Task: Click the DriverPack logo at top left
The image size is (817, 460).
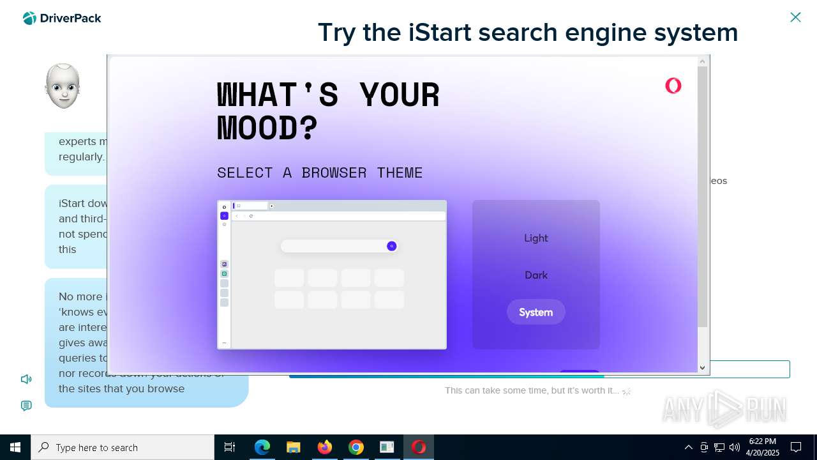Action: (62, 19)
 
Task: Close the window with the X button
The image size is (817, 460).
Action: (795, 17)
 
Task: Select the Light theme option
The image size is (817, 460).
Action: (536, 238)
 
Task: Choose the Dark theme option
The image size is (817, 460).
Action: (536, 275)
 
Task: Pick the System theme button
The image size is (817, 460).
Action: (536, 312)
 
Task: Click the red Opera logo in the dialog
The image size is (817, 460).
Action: (673, 86)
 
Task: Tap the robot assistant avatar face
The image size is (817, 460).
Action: (63, 86)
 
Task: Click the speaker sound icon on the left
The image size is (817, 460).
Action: (26, 379)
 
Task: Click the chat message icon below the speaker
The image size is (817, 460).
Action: (26, 406)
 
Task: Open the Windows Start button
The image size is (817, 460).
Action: (15, 447)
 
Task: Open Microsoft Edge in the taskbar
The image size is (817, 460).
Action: (262, 447)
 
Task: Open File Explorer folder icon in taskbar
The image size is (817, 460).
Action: (294, 447)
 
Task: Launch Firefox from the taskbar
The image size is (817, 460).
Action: (325, 447)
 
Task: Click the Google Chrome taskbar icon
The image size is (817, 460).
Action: (356, 447)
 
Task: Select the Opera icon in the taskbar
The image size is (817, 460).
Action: (419, 447)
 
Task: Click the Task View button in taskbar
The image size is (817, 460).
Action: (230, 447)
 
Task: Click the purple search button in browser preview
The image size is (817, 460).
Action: (392, 247)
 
